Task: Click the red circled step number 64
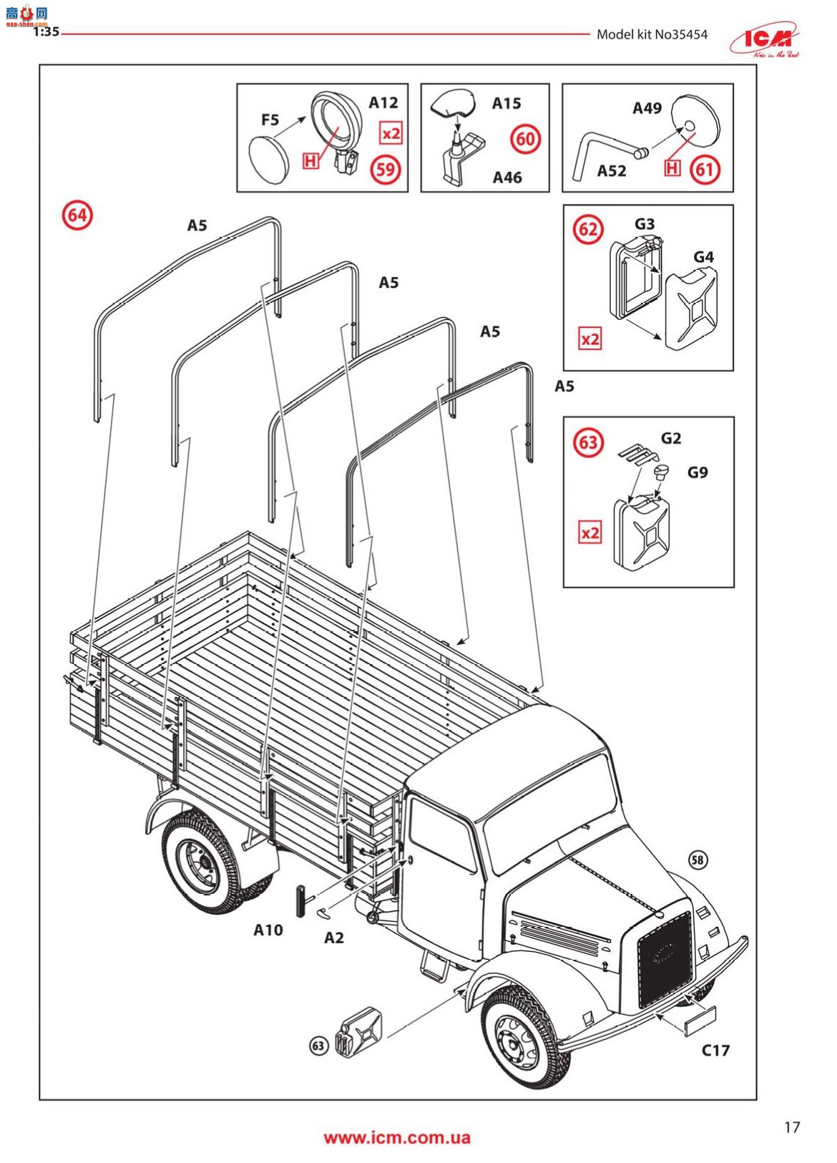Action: [77, 215]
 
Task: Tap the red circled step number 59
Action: [386, 170]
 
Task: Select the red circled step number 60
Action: [525, 139]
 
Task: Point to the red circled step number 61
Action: [705, 170]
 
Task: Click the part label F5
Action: [270, 120]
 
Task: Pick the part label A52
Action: [612, 170]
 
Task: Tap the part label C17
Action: [715, 1050]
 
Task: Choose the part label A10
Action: [268, 930]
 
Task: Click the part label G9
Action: [697, 472]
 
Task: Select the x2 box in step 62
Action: [590, 339]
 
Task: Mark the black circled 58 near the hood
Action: [697, 860]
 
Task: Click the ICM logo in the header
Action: [765, 40]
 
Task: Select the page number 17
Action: [792, 1127]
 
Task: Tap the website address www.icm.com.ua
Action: [397, 1138]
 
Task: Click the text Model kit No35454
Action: [652, 34]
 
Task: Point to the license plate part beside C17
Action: [700, 1021]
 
